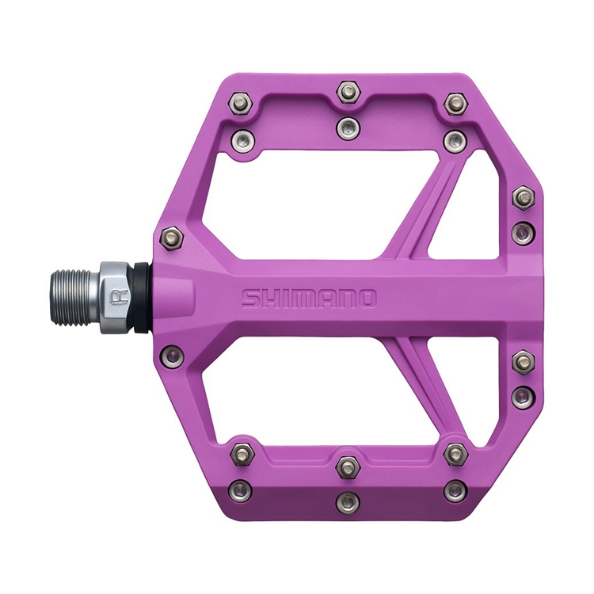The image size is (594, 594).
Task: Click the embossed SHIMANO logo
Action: pos(309,299)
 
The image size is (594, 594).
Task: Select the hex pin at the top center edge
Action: pos(348,92)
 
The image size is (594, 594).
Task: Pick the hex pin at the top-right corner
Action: pos(455,103)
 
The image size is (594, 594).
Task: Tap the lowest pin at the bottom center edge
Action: pos(348,501)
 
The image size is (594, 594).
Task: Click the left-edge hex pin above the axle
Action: pos(173,236)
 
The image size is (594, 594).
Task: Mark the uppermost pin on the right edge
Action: pos(523,197)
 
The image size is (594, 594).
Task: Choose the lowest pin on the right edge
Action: pos(522,394)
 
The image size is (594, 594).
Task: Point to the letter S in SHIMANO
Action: pos(250,299)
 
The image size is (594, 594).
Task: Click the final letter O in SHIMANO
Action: pos(367,299)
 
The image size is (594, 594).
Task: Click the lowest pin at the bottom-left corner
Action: pos(241,489)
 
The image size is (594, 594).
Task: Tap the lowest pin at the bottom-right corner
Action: pos(455,490)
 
